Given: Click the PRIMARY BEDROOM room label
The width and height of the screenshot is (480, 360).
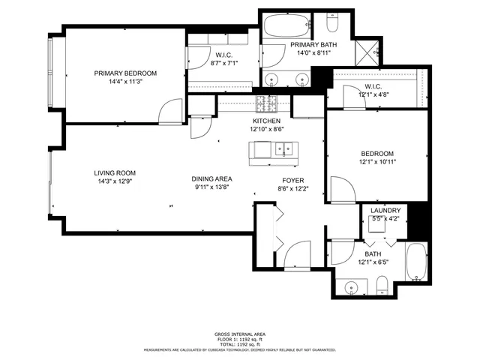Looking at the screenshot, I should [x=125, y=73].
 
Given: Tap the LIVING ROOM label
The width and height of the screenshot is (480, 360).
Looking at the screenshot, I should [x=115, y=172].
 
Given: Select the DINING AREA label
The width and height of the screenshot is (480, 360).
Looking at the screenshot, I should [x=211, y=178].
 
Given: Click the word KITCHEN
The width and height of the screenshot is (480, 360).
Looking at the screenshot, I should [x=266, y=121].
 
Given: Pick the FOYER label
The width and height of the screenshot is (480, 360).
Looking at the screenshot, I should [x=292, y=181].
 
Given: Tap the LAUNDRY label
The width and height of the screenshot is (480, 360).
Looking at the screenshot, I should [x=385, y=211].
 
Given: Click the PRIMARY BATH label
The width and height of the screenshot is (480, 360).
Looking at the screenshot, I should [x=313, y=45].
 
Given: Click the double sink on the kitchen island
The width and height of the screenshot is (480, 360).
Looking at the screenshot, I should [x=280, y=149].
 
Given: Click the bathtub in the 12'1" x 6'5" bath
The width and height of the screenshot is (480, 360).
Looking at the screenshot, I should [x=415, y=262].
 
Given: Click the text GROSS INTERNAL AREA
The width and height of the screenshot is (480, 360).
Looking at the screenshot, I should [x=240, y=334].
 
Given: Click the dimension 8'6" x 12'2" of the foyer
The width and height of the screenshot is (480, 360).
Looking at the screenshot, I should [x=292, y=189].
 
